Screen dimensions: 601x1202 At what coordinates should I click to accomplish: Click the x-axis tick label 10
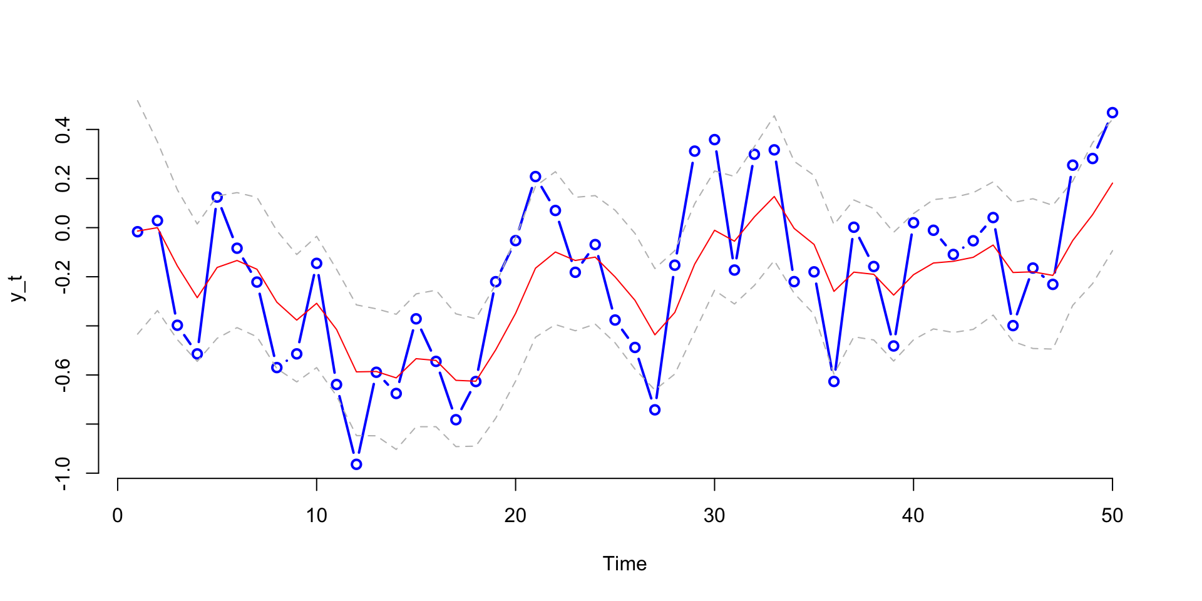point(316,516)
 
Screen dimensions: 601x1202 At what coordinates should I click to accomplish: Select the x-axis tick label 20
point(515,516)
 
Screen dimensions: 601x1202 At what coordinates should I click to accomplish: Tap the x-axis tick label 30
point(714,516)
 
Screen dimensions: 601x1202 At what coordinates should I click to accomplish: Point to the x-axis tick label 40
point(913,516)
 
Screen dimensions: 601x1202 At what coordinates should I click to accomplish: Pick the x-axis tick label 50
point(1112,516)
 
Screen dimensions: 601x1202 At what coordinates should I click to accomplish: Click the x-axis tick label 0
point(118,516)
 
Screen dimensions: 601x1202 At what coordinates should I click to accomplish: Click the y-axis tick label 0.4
point(63,130)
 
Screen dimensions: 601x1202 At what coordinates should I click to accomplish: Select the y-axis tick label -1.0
point(63,473)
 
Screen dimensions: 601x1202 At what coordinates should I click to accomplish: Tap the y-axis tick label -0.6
point(63,375)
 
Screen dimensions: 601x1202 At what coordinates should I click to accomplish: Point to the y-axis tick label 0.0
point(63,228)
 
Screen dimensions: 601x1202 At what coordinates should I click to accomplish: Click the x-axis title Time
point(624,564)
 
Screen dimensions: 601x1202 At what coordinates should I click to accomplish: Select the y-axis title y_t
point(19,288)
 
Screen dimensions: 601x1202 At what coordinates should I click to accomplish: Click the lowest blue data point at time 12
point(356,465)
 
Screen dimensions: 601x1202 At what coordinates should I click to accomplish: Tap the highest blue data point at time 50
point(1112,113)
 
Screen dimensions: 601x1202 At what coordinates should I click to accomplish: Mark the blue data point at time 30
point(714,140)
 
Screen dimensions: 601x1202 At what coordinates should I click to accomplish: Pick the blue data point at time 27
point(655,410)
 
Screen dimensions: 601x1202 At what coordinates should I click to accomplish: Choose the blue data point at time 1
point(138,232)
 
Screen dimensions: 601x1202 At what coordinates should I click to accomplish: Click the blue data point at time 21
point(535,177)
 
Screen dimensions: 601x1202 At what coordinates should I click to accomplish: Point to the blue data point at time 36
point(834,381)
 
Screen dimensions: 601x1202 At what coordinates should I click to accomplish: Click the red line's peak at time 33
point(774,197)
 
